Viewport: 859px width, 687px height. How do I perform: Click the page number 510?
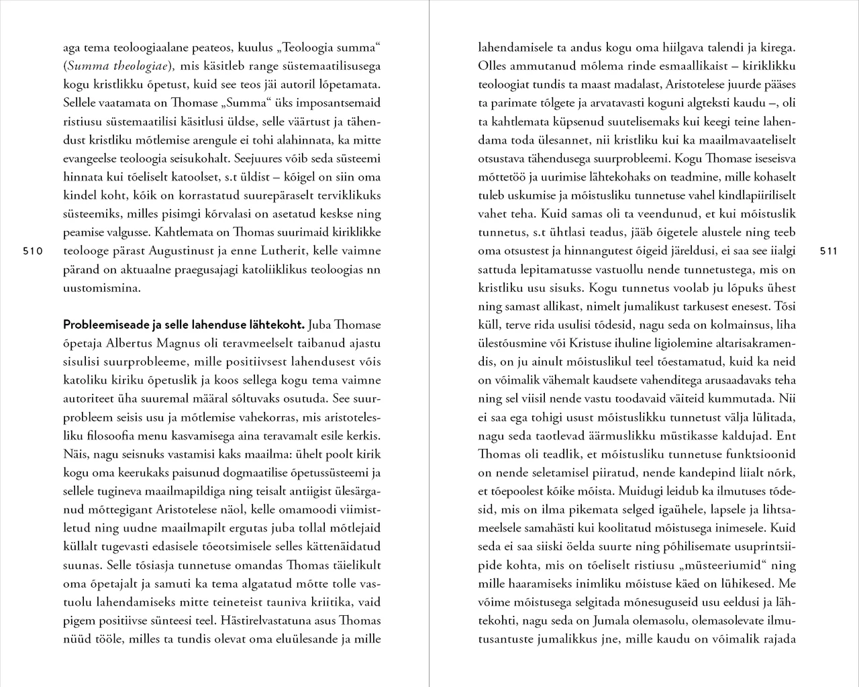(x=32, y=252)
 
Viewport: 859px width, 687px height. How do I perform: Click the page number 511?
(x=829, y=252)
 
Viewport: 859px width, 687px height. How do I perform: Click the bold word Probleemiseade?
(x=107, y=325)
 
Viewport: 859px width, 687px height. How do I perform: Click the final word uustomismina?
(x=102, y=288)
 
